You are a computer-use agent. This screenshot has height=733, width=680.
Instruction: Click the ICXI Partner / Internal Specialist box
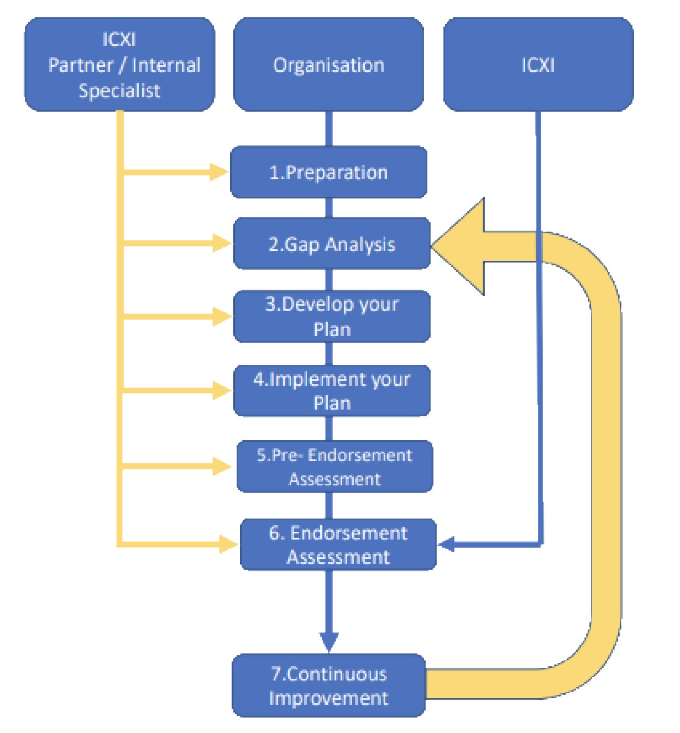119,64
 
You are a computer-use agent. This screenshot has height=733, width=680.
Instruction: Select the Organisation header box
328,64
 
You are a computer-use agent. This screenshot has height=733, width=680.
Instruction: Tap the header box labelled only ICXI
538,64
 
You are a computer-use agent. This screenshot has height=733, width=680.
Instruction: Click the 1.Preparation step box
328,172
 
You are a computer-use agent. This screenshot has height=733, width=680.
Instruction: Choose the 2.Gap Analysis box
332,244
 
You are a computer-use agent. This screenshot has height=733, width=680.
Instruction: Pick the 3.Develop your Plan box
332,316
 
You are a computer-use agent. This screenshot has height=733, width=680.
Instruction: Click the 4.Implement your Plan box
332,391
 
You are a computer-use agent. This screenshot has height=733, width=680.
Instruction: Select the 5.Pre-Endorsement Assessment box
334,467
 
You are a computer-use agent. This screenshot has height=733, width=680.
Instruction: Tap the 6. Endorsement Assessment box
338,544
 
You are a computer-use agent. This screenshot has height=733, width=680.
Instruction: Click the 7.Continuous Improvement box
328,685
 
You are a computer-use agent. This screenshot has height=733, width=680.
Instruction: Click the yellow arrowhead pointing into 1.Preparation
219,172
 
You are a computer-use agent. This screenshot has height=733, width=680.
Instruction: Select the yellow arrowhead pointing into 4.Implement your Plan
222,391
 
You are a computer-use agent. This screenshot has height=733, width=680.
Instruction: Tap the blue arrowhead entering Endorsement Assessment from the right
446,544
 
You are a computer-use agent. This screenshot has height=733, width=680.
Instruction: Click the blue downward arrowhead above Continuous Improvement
329,641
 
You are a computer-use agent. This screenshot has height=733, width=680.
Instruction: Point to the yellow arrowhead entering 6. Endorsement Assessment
228,544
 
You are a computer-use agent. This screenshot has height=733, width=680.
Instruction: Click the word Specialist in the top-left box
119,91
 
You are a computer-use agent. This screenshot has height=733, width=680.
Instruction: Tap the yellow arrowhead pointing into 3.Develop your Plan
222,317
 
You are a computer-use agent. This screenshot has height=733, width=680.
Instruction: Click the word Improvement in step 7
328,698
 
